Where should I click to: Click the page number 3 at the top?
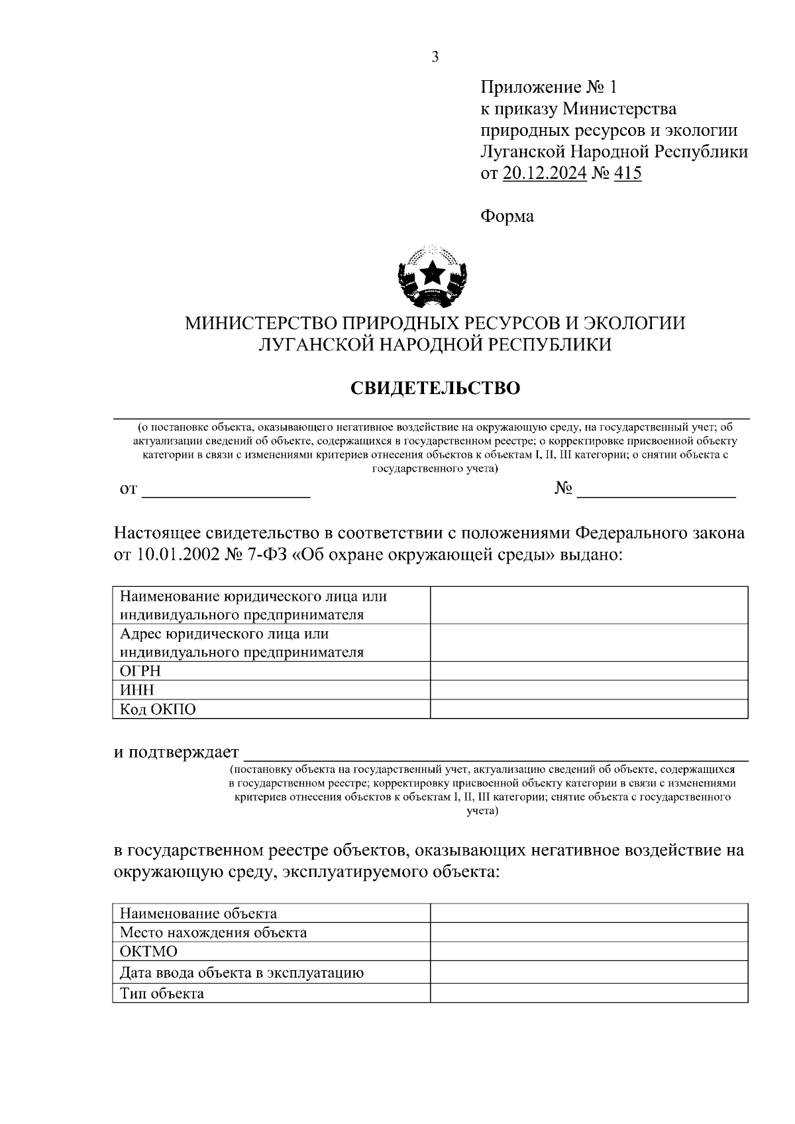pyautogui.click(x=435, y=57)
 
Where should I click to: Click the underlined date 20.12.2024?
pyautogui.click(x=545, y=174)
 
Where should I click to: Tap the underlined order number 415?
pyautogui.click(x=628, y=174)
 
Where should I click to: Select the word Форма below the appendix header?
pyautogui.click(x=507, y=217)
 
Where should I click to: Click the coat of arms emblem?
pyautogui.click(x=434, y=276)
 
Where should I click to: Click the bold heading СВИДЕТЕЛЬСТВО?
pyautogui.click(x=435, y=388)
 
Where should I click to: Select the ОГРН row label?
pyautogui.click(x=140, y=672)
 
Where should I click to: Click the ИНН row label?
pyautogui.click(x=136, y=691)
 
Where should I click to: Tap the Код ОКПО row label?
pyautogui.click(x=158, y=710)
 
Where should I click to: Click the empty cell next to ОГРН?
pyautogui.click(x=588, y=672)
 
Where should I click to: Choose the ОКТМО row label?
pyautogui.click(x=148, y=952)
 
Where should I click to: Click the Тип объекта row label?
pyautogui.click(x=162, y=994)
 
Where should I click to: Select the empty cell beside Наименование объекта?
pyautogui.click(x=588, y=913)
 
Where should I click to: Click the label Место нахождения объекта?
pyautogui.click(x=213, y=933)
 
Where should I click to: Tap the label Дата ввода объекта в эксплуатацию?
pyautogui.click(x=241, y=973)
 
